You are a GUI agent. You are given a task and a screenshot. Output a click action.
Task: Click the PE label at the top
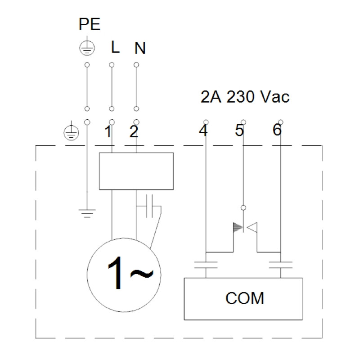pyautogui.click(x=89, y=24)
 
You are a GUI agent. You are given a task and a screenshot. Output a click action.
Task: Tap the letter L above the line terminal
pyautogui.click(x=115, y=47)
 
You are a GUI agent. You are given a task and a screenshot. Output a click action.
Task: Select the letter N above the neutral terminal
pyautogui.click(x=140, y=48)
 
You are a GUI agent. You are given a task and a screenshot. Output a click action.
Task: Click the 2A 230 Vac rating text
pyautogui.click(x=245, y=97)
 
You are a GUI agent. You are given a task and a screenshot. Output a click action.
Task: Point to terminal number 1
pyautogui.click(x=108, y=131)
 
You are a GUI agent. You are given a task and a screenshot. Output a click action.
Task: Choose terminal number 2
pyautogui.click(x=134, y=132)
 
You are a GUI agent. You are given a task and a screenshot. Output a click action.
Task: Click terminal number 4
pyautogui.click(x=203, y=130)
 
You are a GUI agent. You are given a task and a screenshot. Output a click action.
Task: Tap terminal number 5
pyautogui.click(x=239, y=130)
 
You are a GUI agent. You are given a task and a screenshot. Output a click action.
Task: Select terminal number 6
pyautogui.click(x=277, y=130)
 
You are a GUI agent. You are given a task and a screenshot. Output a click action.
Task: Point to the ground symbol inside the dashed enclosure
pyautogui.click(x=87, y=213)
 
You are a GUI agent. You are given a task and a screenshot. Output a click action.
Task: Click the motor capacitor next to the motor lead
pyautogui.click(x=149, y=206)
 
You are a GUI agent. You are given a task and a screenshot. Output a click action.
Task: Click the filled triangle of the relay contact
pyautogui.click(x=238, y=227)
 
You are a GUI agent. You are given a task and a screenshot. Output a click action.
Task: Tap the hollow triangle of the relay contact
pyautogui.click(x=252, y=227)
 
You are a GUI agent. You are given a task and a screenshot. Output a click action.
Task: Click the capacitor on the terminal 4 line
pyautogui.click(x=206, y=265)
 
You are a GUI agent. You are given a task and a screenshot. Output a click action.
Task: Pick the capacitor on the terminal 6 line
pyautogui.click(x=280, y=265)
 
